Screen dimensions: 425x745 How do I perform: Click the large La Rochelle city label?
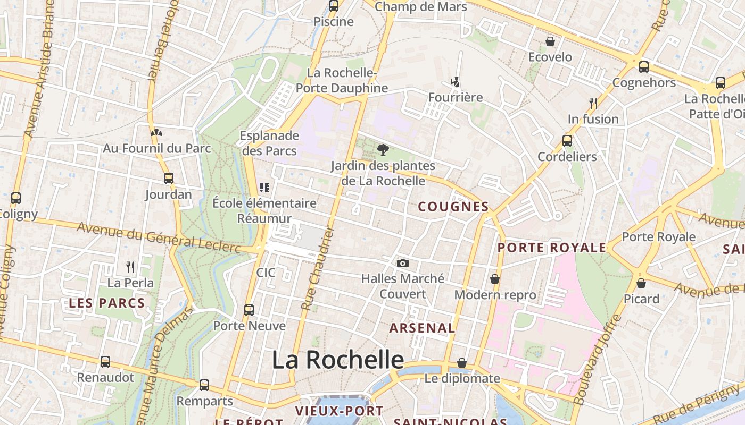tap(338, 360)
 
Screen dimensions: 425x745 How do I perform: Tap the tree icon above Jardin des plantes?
tap(382, 149)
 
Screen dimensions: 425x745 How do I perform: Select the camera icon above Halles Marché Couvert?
tap(403, 263)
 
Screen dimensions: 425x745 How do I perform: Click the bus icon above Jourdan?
tap(169, 178)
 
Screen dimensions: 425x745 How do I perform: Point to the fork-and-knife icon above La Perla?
tap(130, 266)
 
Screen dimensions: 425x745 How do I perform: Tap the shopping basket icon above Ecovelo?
tap(550, 41)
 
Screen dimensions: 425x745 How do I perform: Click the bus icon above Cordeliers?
tap(567, 141)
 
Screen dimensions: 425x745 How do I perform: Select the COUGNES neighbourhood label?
tap(453, 207)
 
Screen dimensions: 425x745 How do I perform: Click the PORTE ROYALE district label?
tap(552, 248)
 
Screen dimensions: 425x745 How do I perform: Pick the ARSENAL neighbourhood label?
tap(422, 328)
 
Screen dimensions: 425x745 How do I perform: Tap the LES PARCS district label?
tap(107, 303)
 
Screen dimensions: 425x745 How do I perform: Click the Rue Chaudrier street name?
tap(317, 268)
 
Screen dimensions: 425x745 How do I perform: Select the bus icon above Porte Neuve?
tap(249, 310)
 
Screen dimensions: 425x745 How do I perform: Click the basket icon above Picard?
tap(641, 283)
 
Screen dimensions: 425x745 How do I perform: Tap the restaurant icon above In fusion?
tap(593, 103)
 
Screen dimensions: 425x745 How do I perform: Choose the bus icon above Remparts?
tap(204, 385)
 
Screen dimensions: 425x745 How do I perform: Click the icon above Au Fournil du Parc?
tap(156, 133)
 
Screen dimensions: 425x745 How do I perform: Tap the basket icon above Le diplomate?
tap(462, 363)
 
